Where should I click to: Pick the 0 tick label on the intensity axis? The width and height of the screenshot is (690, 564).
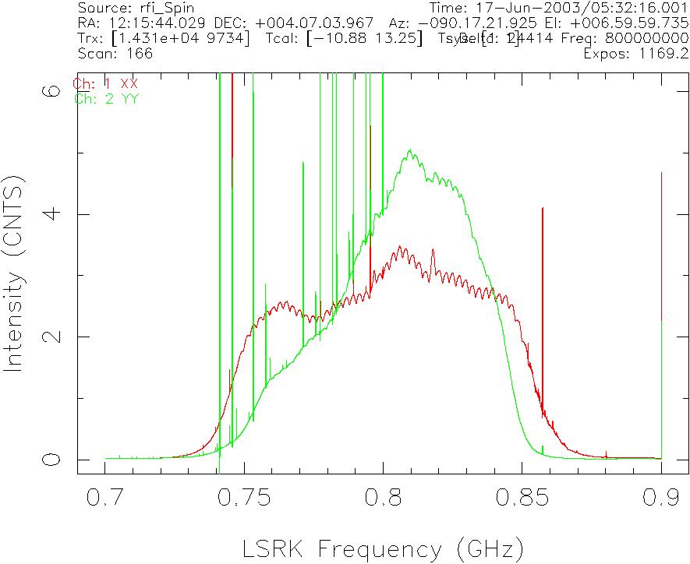click(51, 460)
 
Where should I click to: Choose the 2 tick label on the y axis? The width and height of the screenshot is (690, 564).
click(51, 337)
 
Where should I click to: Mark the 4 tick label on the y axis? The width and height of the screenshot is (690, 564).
click(51, 213)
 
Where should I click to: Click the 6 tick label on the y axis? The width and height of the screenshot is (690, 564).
click(51, 90)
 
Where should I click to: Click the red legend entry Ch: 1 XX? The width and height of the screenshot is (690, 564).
click(104, 84)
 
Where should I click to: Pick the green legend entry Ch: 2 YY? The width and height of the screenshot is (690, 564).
click(106, 98)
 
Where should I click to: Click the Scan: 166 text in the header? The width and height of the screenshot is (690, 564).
click(115, 54)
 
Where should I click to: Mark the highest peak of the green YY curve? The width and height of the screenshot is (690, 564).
click(409, 151)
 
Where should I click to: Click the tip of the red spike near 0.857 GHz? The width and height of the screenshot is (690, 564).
click(543, 209)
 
